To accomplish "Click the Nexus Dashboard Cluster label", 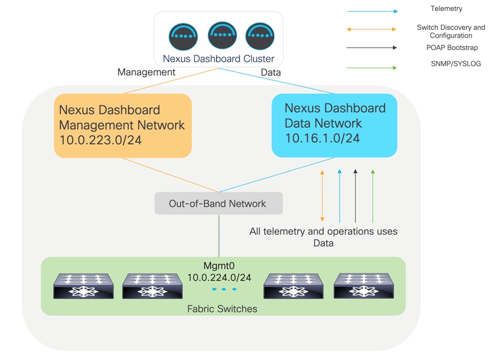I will click(218, 58).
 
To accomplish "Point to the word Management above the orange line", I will click(146, 72).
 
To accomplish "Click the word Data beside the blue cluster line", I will click(271, 72).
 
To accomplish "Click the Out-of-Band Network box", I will click(218, 204).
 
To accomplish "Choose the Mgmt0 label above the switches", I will click(219, 266).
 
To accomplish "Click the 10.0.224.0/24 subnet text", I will click(219, 277).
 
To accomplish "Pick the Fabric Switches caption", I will click(222, 309).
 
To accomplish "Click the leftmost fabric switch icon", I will click(84, 286).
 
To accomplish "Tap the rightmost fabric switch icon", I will click(364, 285).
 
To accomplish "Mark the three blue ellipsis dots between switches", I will click(224, 289).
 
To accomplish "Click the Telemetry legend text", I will click(446, 9).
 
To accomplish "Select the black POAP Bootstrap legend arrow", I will click(372, 48).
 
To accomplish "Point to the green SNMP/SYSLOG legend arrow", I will click(372, 68).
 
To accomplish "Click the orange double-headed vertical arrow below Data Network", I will click(322, 196).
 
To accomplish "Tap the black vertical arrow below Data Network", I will click(355, 196).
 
